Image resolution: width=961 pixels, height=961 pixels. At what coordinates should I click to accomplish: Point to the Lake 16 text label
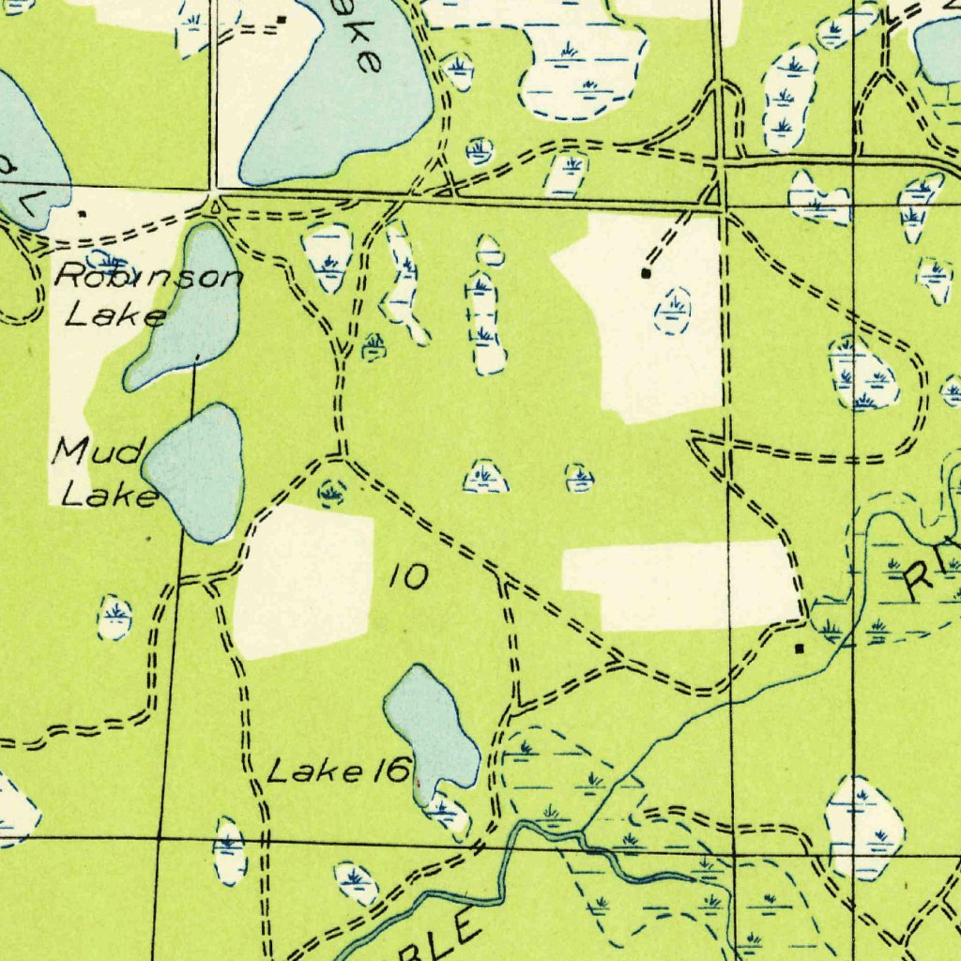(x=339, y=771)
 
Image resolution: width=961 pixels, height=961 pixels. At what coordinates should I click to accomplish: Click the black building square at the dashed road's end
(x=645, y=273)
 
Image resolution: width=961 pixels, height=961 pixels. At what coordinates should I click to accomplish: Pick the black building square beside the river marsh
(x=799, y=648)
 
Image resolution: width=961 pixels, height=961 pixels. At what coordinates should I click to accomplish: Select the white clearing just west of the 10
(x=302, y=579)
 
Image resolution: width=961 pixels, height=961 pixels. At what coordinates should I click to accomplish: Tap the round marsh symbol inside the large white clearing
(x=673, y=311)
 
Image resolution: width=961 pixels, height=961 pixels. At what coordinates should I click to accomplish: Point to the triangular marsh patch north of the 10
(x=485, y=478)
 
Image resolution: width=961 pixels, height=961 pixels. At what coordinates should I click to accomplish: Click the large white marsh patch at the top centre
(x=582, y=66)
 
